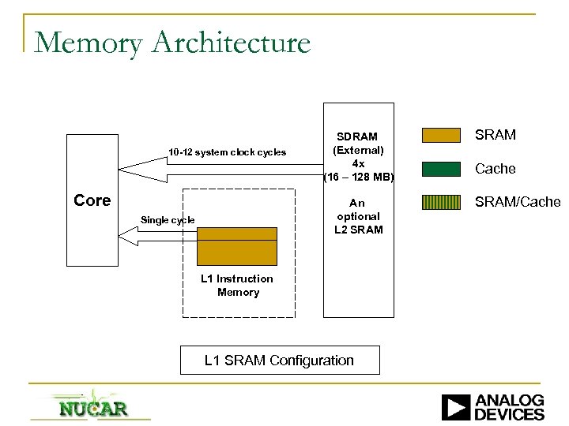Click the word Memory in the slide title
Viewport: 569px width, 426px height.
coord(85,43)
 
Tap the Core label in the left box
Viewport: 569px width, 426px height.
coord(92,200)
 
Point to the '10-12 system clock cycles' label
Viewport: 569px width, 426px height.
coord(227,152)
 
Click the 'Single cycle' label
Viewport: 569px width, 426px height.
coord(167,220)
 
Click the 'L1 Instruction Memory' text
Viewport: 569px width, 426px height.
coord(237,286)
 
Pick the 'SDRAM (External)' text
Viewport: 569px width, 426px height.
coord(358,144)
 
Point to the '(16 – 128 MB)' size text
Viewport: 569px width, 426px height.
coord(358,176)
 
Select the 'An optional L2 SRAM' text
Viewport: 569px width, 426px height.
coord(358,216)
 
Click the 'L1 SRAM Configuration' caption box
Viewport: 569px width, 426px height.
coord(279,361)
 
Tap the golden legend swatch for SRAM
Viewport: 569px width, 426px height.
coord(442,136)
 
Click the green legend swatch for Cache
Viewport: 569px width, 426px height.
coord(442,169)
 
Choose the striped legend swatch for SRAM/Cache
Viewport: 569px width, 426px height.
coord(442,202)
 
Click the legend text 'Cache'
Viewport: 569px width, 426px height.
coord(496,169)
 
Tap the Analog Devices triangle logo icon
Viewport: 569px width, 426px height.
coord(456,406)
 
